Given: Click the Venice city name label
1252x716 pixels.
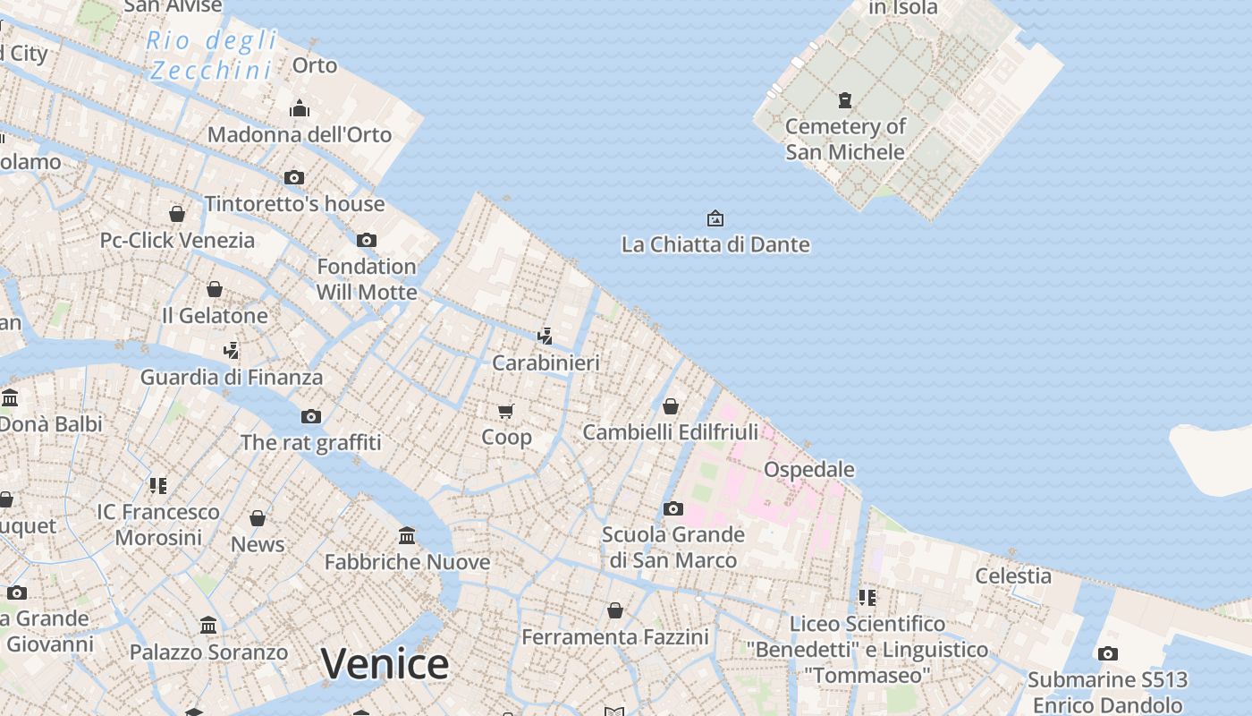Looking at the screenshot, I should click(385, 664).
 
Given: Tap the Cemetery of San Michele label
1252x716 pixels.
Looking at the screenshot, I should click(845, 139).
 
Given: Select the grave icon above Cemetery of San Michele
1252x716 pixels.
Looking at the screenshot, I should click(844, 99).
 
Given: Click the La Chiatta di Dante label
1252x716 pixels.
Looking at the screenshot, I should click(715, 244).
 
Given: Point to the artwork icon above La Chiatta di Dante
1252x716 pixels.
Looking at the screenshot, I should click(715, 218).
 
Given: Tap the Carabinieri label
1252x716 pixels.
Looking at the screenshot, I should click(546, 362).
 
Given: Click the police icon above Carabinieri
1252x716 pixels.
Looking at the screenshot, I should click(545, 337).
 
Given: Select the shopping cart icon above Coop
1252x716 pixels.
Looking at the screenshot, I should click(506, 411).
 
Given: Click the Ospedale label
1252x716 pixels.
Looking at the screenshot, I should click(808, 469).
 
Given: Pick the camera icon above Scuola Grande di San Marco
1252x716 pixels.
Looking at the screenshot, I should click(673, 508).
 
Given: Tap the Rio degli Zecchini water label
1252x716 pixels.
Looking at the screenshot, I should click(212, 55).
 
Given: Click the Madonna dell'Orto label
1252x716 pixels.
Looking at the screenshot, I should click(300, 134).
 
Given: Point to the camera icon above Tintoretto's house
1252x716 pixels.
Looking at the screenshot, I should click(294, 177).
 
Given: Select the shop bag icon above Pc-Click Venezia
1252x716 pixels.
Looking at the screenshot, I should click(177, 214).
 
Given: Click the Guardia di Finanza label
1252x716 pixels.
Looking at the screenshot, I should click(231, 377).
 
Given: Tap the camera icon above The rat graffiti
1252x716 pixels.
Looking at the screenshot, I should click(310, 416).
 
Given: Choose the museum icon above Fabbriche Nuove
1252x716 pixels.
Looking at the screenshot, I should click(407, 535).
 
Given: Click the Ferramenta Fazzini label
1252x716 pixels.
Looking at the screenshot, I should click(615, 636).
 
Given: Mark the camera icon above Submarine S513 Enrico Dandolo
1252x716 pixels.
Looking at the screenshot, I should click(1107, 653).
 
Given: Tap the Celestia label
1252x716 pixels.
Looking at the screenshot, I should click(1013, 575).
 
